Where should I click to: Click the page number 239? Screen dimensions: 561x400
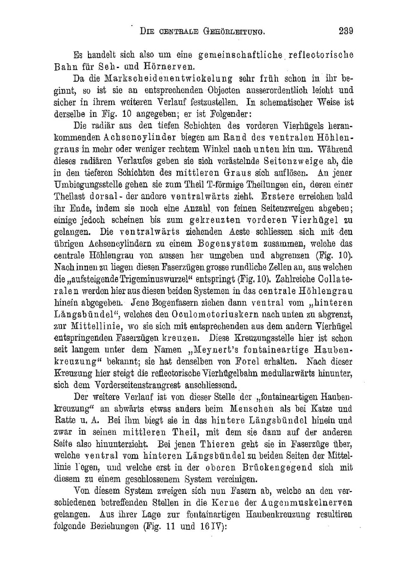[x=346, y=32]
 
